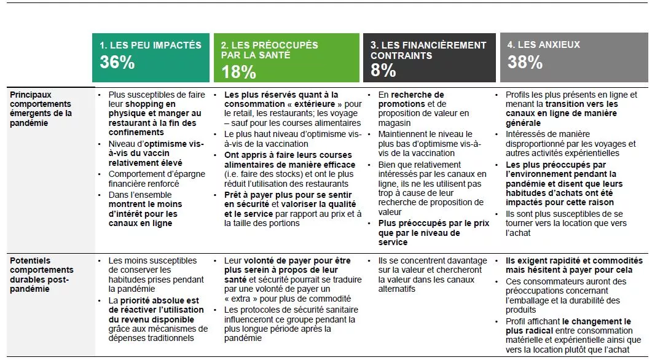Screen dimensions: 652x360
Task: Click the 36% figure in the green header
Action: click(117, 63)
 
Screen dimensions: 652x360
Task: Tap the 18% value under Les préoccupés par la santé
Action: click(238, 72)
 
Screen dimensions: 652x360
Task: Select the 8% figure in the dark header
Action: click(383, 70)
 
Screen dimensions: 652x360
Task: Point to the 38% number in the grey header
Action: click(525, 63)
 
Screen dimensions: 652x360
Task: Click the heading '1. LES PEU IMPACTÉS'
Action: click(151, 45)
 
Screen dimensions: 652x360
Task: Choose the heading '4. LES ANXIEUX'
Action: click(543, 44)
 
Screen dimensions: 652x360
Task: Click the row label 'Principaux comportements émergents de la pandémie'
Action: click(41, 109)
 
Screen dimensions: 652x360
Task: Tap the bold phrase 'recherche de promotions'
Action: click(411, 100)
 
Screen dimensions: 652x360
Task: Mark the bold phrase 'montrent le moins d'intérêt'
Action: click(146, 209)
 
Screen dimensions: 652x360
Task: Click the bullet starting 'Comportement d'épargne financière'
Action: click(157, 179)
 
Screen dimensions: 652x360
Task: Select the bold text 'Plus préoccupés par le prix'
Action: click(434, 223)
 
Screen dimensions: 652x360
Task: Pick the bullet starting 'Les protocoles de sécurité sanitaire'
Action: click(290, 324)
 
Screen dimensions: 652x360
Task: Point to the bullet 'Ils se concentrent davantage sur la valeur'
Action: click(433, 275)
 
